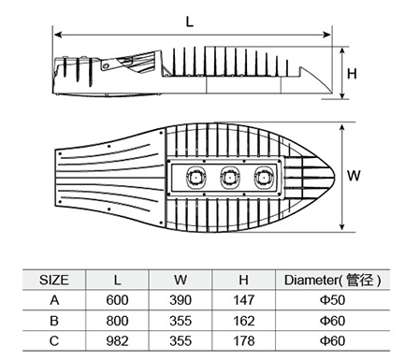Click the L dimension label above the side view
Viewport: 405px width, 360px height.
190,22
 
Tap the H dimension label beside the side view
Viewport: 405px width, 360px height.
352,74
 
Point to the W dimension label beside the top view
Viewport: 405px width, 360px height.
354,176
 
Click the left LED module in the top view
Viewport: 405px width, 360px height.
195,178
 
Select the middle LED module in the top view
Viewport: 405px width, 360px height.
229,178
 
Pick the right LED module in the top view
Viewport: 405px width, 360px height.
264,178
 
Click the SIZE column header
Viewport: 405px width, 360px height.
54,280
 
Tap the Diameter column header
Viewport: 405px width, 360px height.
332,280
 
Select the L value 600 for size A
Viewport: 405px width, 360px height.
117,300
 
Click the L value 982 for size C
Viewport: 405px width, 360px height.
117,341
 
